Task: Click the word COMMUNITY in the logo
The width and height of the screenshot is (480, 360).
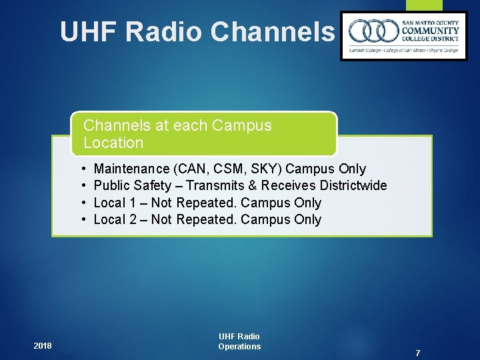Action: (430, 31)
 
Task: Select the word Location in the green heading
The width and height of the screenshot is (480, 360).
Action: (113, 143)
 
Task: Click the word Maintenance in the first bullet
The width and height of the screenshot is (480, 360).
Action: (131, 169)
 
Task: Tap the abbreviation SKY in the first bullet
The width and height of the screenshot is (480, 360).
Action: (264, 169)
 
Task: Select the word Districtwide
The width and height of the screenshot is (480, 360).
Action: (353, 185)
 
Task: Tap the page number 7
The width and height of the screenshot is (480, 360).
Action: (417, 353)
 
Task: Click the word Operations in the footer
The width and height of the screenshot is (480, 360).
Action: (239, 346)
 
